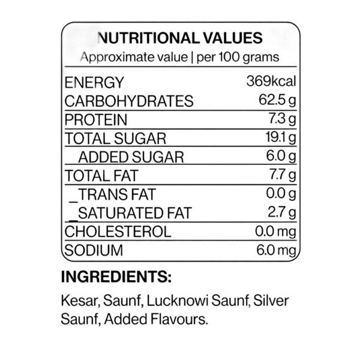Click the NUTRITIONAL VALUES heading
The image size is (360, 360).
click(x=180, y=38)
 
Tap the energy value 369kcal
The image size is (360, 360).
click(x=271, y=81)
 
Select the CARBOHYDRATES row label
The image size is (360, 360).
click(x=129, y=101)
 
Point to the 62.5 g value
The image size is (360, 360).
click(x=277, y=101)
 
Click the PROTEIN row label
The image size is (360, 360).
click(x=96, y=120)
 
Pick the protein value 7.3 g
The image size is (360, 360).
click(x=282, y=119)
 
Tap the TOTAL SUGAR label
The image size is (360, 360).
click(x=115, y=139)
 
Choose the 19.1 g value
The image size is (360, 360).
click(x=281, y=138)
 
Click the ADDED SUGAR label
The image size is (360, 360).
click(x=131, y=157)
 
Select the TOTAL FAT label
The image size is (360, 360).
click(x=101, y=176)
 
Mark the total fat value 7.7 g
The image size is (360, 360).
click(x=283, y=175)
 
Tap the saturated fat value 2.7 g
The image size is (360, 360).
click(x=282, y=212)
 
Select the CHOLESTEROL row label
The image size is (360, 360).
click(x=118, y=232)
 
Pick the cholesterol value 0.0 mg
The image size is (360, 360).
click(x=275, y=232)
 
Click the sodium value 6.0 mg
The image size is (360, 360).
click(x=276, y=250)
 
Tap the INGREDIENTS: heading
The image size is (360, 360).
click(x=116, y=277)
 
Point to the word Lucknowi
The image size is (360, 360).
click(x=177, y=301)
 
